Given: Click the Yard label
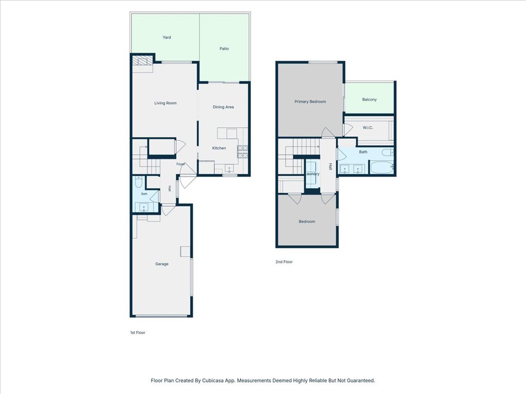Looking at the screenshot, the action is [167, 37].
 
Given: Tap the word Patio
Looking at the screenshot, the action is [224, 49].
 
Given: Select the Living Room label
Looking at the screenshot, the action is [165, 103].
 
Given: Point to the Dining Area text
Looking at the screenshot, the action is [223, 107].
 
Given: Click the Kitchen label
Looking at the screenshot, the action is [219, 148].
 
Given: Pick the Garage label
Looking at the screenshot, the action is [162, 264].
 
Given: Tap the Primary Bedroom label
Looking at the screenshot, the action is [310, 102].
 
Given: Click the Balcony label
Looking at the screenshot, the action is [369, 100].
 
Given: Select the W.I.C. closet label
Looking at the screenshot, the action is [368, 128].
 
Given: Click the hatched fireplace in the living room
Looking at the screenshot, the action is [140, 61].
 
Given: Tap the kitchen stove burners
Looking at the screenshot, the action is [242, 152].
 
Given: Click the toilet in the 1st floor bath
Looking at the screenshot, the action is [139, 183].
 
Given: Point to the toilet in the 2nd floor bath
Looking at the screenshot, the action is [388, 153].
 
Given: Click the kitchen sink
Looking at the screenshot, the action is [230, 168].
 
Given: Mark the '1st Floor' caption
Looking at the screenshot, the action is [138, 332].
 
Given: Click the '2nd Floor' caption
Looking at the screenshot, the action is [284, 262].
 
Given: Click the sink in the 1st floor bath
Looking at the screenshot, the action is [144, 207].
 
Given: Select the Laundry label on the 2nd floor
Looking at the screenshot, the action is [312, 174].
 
